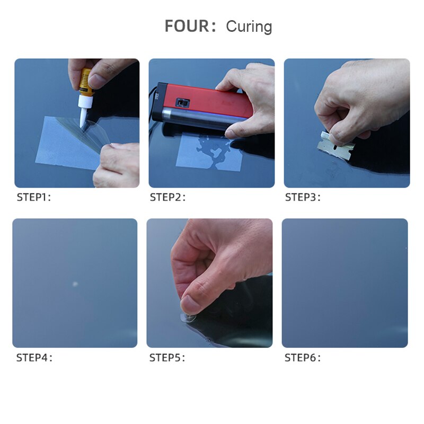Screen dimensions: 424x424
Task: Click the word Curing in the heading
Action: (x=249, y=26)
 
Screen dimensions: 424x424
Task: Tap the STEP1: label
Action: (x=34, y=198)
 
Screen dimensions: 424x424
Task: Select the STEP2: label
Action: (x=167, y=198)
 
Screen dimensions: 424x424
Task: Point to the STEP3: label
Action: (x=303, y=198)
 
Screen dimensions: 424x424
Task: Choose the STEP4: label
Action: (x=34, y=358)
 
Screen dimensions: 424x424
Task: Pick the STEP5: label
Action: (x=167, y=358)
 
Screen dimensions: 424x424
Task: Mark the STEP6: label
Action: (x=303, y=358)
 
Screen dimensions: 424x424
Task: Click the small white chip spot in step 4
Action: (x=75, y=284)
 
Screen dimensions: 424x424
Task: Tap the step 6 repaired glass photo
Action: (x=344, y=283)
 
